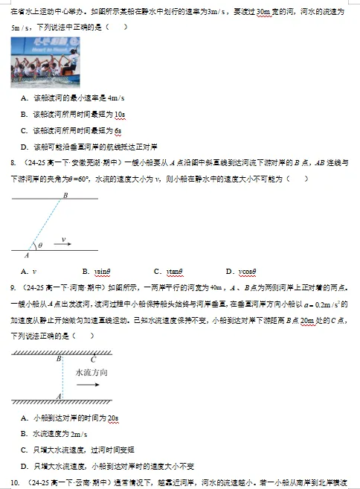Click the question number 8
(x=13, y=162)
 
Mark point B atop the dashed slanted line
(x=65, y=195)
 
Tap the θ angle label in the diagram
(x=40, y=244)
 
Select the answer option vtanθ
(x=175, y=271)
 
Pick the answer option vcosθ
(x=250, y=271)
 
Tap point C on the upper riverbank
(x=92, y=359)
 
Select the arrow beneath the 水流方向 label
(x=88, y=386)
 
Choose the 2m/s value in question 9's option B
(x=78, y=434)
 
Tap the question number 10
(x=14, y=482)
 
